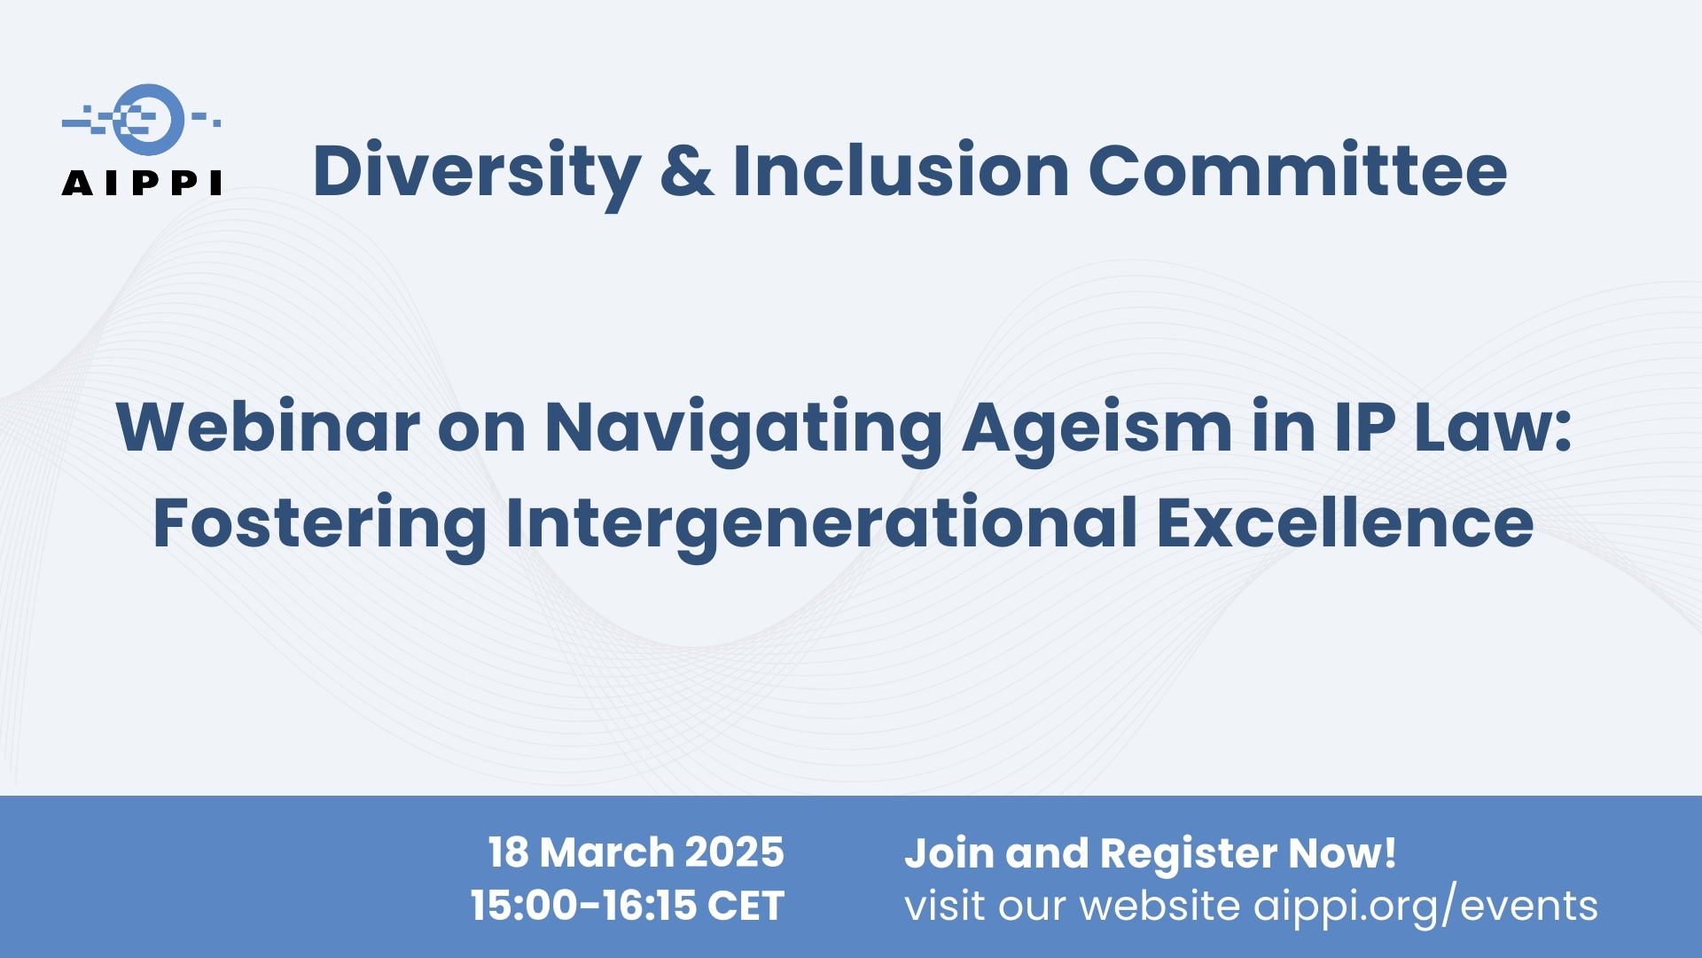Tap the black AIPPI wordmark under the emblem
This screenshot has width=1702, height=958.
142,183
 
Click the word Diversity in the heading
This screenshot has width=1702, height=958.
477,174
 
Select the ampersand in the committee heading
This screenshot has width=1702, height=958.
687,170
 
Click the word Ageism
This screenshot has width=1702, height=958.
1097,432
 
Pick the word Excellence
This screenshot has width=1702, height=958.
1345,523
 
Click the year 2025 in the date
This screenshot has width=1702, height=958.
734,852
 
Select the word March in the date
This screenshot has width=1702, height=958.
606,852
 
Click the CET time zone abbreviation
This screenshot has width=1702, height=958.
746,906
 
